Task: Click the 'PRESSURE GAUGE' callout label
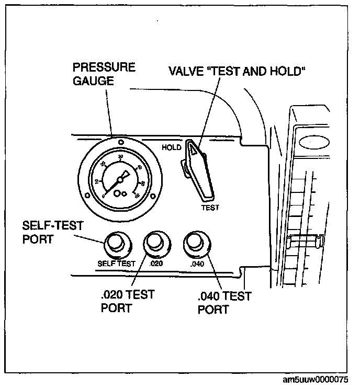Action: coord(104,74)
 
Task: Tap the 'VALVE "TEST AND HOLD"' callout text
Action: coord(237,71)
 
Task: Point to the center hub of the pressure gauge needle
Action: coord(120,179)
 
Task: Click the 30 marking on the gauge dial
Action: coord(121,156)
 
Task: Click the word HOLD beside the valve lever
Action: coord(172,147)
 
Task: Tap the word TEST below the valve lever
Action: coord(210,207)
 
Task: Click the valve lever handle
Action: coord(199,170)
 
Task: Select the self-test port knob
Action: coord(115,243)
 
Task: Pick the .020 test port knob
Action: coord(155,243)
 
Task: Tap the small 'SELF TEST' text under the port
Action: coord(116,264)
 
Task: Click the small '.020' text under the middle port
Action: coord(156,264)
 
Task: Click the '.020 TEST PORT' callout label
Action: coord(128,301)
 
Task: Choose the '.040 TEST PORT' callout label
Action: coord(224,303)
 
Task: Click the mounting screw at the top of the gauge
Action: coord(121,142)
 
